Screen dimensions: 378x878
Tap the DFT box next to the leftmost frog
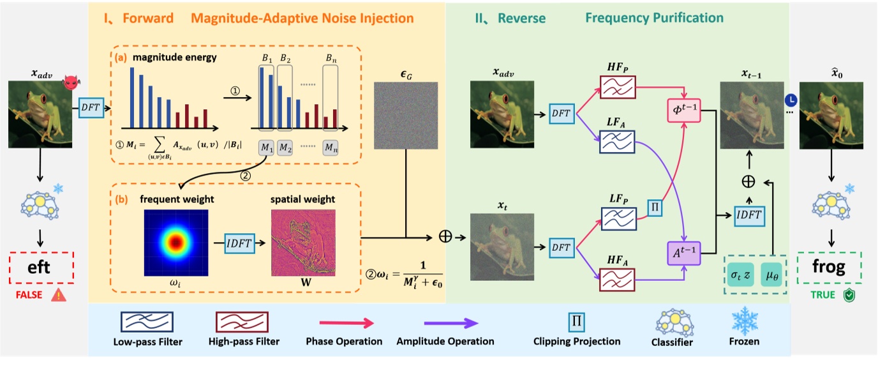(90, 107)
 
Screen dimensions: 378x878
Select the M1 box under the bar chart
(268, 148)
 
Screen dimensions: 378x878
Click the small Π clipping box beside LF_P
(655, 208)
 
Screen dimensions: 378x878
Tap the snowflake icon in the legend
(743, 319)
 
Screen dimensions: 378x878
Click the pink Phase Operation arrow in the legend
(345, 323)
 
